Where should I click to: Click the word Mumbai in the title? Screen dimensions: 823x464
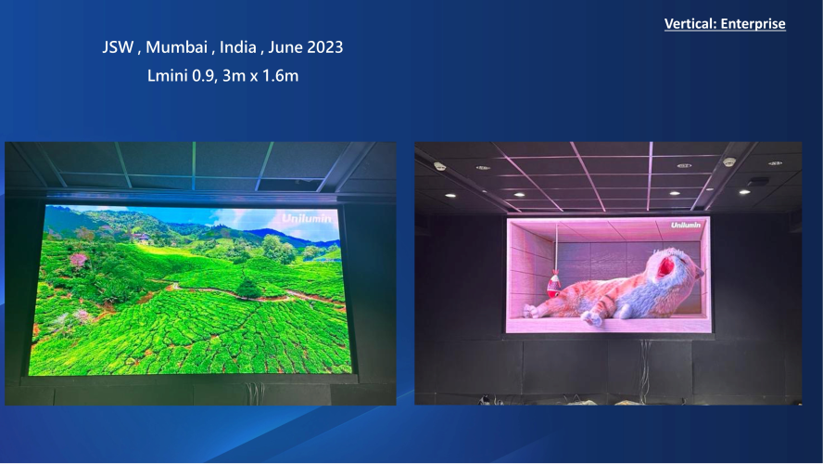(x=176, y=48)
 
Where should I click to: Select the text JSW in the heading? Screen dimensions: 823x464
(x=118, y=47)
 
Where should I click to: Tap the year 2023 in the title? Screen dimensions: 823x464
(x=324, y=47)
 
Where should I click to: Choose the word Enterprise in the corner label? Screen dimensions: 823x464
(x=753, y=24)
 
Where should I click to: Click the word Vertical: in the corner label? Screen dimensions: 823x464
(x=690, y=23)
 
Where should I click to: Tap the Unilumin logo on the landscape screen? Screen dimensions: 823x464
(x=307, y=218)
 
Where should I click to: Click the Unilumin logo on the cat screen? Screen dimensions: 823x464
(x=686, y=225)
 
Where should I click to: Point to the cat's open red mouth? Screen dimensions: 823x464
(x=665, y=266)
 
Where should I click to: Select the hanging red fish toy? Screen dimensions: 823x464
(x=553, y=284)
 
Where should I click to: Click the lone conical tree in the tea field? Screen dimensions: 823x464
(x=248, y=287)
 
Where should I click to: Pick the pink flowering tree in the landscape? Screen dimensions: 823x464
(x=78, y=260)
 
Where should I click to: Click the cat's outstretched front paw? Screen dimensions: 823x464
(x=592, y=317)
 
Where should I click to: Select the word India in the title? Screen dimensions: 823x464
(x=238, y=47)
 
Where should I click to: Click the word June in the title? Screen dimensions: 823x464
(x=285, y=47)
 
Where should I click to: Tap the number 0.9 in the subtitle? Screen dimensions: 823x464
(x=203, y=76)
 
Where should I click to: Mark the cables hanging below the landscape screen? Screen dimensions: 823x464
(x=255, y=391)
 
